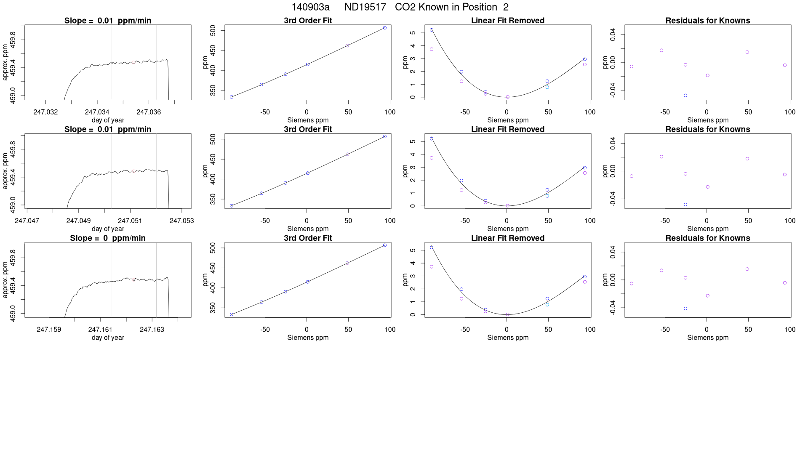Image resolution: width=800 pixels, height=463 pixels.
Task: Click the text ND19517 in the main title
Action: click(365, 7)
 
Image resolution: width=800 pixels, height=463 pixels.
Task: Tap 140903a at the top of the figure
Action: click(310, 7)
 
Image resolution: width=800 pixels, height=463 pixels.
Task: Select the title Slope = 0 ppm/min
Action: click(108, 238)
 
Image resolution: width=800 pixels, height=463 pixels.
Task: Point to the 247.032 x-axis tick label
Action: click(45, 112)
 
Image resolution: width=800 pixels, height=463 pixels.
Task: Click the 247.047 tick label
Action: click(27, 221)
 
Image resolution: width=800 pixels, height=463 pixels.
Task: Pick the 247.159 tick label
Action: click(49, 329)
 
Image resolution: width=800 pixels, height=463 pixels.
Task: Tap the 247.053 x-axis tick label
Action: click(181, 221)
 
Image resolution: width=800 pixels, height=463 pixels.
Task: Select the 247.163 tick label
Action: click(152, 329)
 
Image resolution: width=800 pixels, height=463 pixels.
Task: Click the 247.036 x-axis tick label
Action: click(149, 112)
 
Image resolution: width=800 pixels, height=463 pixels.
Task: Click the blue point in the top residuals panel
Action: click(685, 96)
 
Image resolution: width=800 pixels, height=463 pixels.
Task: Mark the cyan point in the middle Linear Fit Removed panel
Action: click(547, 196)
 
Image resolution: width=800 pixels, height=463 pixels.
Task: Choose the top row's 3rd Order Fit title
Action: click(308, 21)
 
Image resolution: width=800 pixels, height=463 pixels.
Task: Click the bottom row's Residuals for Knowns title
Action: click(707, 238)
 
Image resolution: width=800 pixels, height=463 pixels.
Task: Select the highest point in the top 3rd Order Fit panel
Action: click(385, 28)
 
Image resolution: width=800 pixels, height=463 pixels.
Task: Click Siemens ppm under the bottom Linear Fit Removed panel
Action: click(507, 338)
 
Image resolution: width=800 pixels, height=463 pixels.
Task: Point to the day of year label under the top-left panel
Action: click(108, 120)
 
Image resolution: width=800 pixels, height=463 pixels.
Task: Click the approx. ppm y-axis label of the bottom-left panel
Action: click(5, 279)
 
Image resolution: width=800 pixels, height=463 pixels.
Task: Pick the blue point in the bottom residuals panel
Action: click(685, 309)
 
